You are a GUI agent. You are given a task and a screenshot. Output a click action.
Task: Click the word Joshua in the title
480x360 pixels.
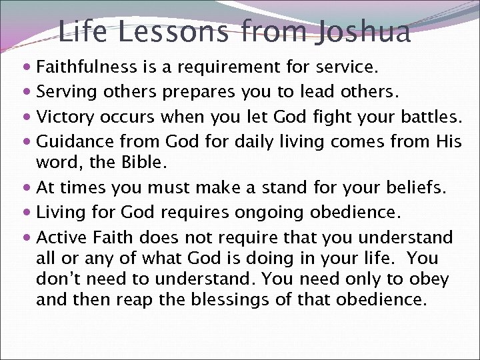coord(363,31)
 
